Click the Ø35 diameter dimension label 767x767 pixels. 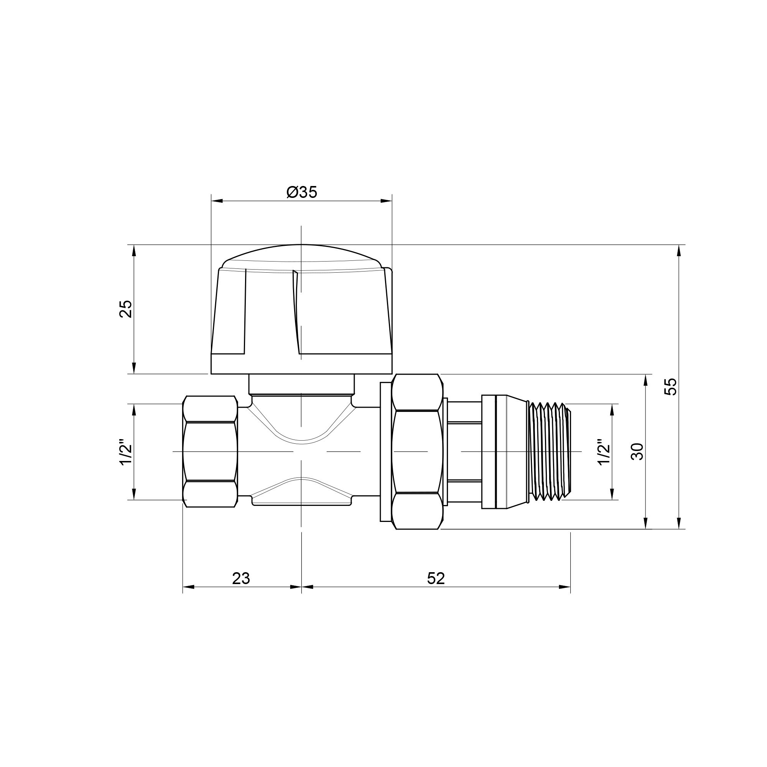click(302, 192)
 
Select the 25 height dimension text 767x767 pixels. click(125, 309)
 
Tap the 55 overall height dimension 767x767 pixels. click(670, 386)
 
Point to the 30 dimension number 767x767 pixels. click(637, 451)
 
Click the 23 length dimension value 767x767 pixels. click(241, 579)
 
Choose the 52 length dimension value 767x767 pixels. click(436, 579)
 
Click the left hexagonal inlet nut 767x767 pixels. click(210, 451)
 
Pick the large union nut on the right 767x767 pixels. click(417, 451)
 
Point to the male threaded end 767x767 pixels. click(550, 451)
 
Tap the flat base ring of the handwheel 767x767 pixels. click(301, 364)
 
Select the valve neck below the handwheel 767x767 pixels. click(301, 384)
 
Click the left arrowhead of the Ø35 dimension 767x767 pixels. click(217, 201)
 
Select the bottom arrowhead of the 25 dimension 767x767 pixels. click(134, 368)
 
